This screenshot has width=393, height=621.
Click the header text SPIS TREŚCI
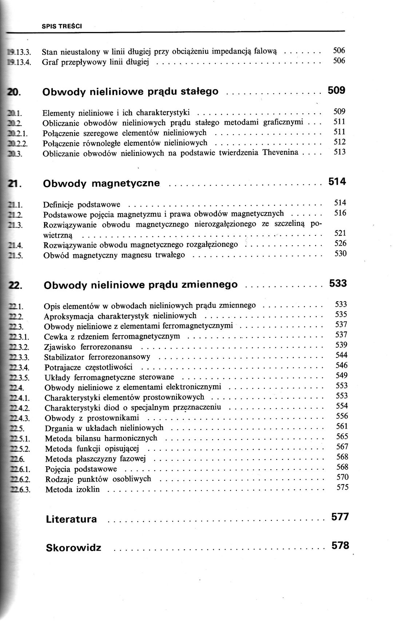(x=62, y=26)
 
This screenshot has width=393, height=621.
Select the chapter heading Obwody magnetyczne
(x=101, y=183)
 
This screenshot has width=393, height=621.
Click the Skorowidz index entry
(x=74, y=548)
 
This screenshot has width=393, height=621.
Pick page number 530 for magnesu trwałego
(x=340, y=253)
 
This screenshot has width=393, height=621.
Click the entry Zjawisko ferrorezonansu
(x=88, y=346)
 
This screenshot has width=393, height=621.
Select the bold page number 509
(x=336, y=90)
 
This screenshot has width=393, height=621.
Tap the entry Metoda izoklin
(x=72, y=489)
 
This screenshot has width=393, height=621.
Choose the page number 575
(x=342, y=487)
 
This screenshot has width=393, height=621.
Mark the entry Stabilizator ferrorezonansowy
(x=97, y=357)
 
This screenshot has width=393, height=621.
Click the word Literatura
(x=71, y=519)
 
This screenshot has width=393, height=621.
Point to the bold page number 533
(x=338, y=283)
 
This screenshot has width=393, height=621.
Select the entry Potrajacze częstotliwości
(x=88, y=367)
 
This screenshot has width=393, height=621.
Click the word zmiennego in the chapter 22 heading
(x=209, y=284)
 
